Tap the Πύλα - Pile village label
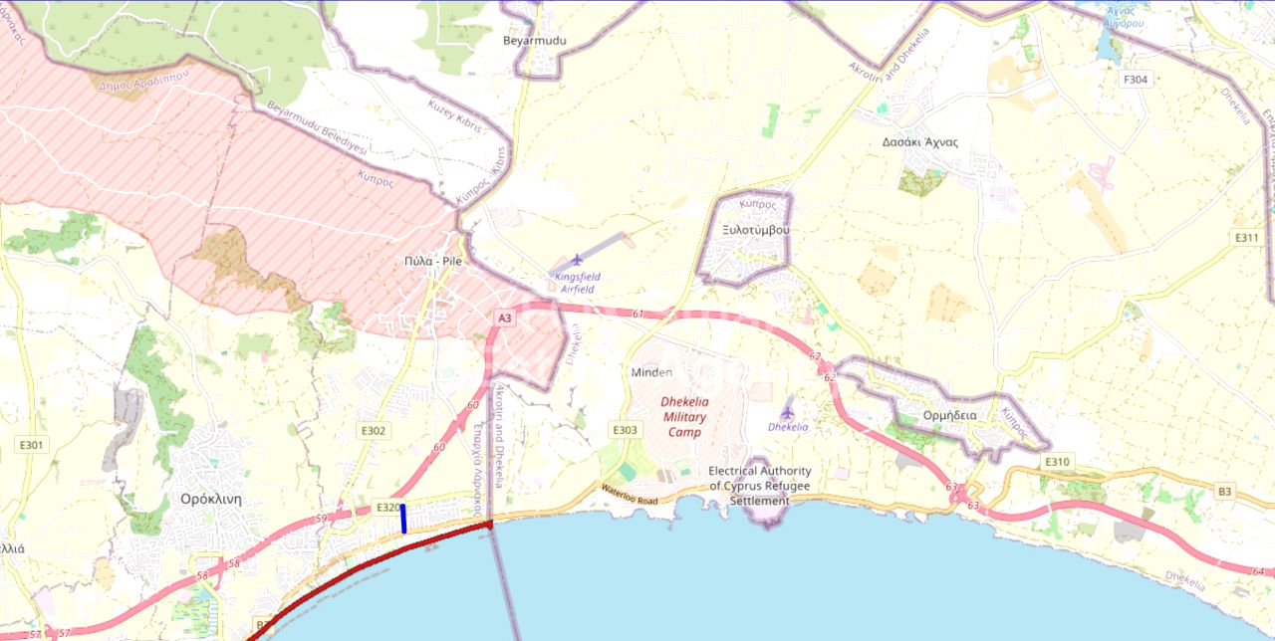click(433, 261)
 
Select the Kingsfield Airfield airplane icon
click(577, 260)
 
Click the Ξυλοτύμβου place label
click(756, 229)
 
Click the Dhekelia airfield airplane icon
click(788, 412)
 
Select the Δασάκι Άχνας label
click(919, 141)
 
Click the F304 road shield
click(1136, 80)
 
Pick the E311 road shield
click(1247, 238)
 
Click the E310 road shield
click(1057, 462)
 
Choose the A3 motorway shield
click(504, 318)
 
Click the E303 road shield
click(625, 430)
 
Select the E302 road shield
click(374, 431)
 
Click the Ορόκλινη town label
click(211, 499)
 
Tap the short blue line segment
click(403, 519)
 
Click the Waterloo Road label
click(630, 493)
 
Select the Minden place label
click(651, 372)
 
